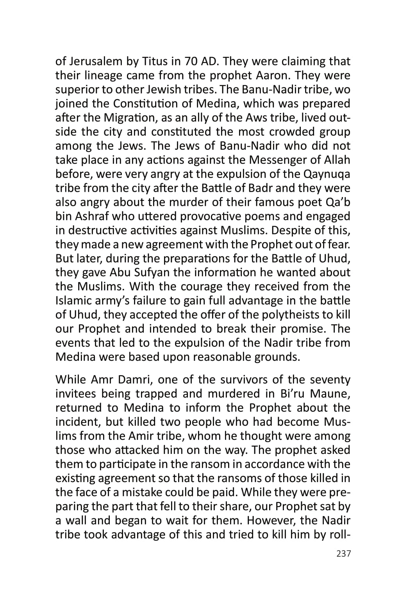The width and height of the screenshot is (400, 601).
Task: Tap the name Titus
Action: [155, 61]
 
